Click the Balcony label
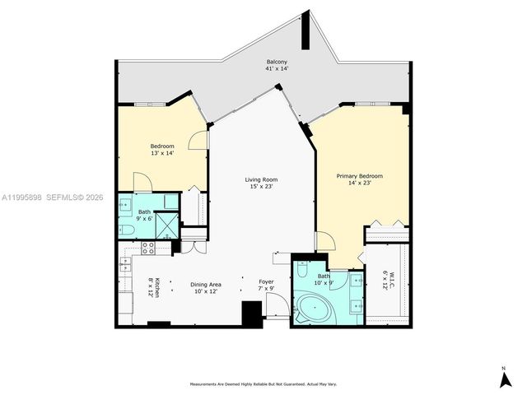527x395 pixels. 277,63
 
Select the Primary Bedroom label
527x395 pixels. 359,176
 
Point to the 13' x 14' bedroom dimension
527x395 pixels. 161,154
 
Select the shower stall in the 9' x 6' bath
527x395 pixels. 168,224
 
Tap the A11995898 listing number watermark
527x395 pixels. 23,197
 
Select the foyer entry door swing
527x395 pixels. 277,306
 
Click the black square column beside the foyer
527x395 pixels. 251,314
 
